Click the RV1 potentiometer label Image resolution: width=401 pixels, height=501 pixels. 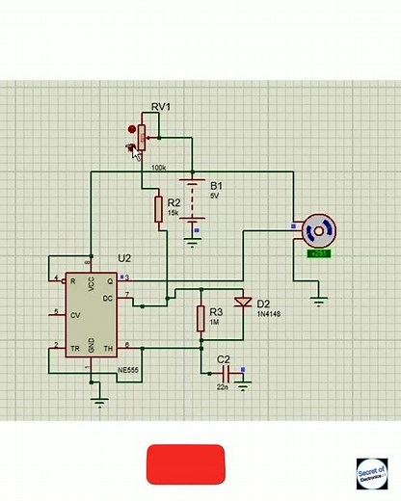160,106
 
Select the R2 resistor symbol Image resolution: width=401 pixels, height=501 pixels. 159,208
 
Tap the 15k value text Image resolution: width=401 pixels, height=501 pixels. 174,213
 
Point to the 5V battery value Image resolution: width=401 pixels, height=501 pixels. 215,196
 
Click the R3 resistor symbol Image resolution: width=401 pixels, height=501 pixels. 200,318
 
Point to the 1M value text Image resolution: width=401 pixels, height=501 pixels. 215,324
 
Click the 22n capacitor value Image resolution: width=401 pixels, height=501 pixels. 222,387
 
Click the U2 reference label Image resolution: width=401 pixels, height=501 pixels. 124,259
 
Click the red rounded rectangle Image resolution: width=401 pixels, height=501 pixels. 185,464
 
